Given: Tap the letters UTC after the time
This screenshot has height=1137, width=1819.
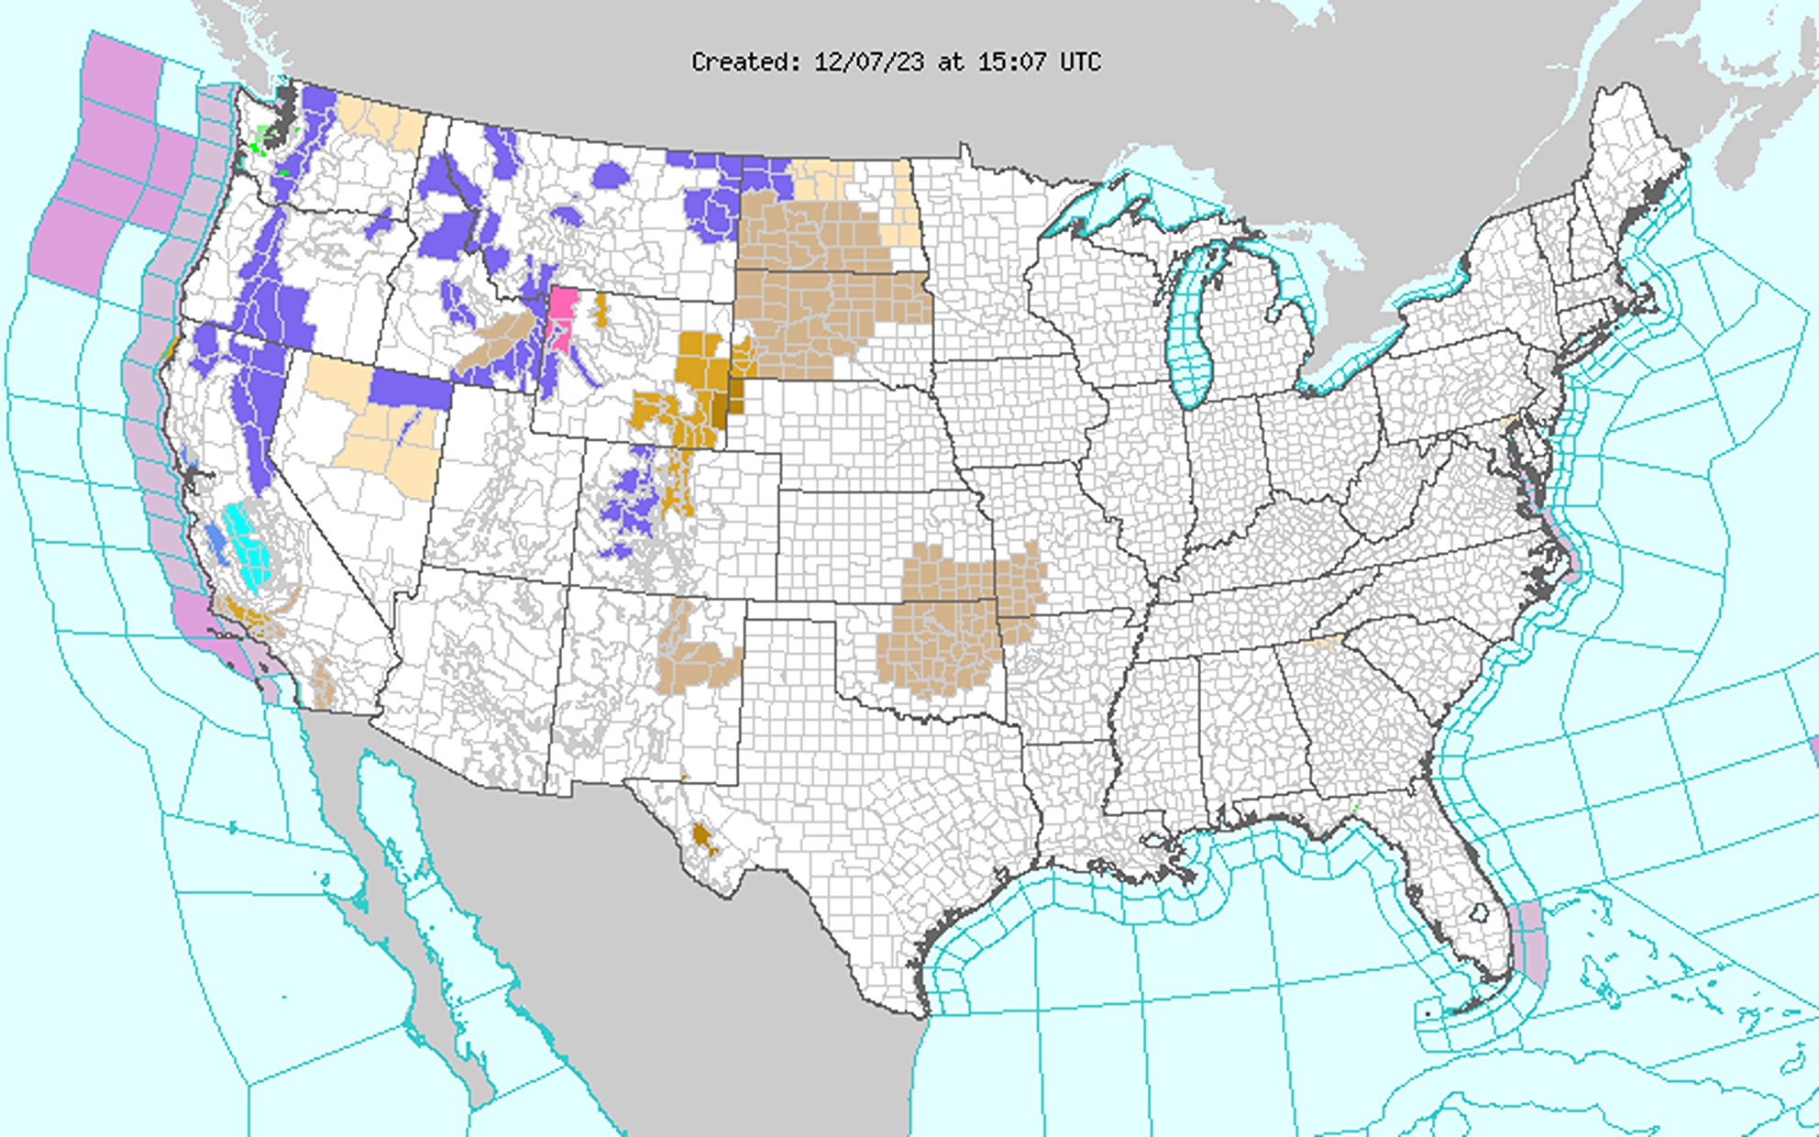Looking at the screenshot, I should point(1080,62).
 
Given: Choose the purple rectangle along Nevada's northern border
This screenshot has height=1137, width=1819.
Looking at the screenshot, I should point(411,389).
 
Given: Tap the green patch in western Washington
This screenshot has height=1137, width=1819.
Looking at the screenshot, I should point(266,138).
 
